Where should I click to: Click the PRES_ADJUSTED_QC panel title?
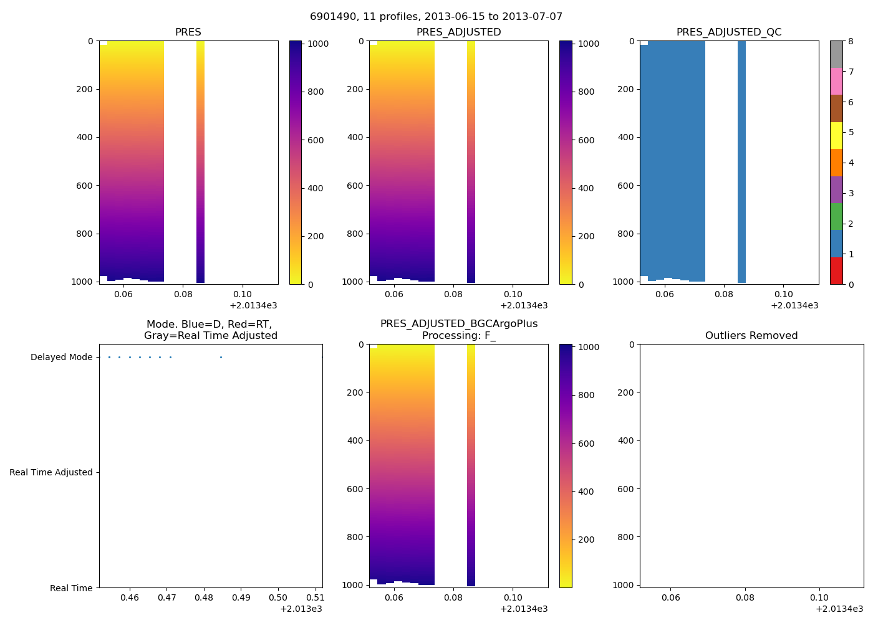[729, 32]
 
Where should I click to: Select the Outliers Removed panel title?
[751, 336]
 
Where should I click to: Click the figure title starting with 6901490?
[436, 17]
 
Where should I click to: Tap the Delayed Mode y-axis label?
[61, 358]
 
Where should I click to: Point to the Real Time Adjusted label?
[51, 473]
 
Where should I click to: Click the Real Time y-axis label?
[71, 588]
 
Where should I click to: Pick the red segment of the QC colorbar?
[836, 271]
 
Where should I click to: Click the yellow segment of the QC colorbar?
[836, 135]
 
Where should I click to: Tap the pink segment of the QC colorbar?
[836, 81]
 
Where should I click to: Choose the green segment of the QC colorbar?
[836, 216]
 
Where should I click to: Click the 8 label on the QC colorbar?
[851, 42]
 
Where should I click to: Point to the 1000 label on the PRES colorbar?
[318, 44]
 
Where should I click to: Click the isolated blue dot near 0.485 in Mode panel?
[221, 358]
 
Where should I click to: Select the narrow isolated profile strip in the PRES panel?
[200, 162]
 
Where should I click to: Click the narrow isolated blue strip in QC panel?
[741, 162]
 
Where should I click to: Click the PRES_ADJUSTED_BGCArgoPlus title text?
[459, 324]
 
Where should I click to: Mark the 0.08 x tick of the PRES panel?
[183, 294]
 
